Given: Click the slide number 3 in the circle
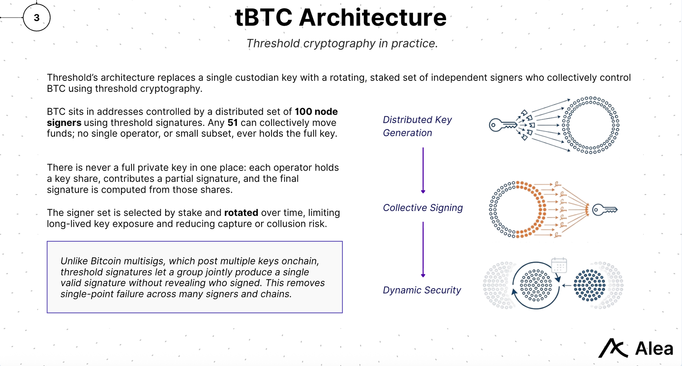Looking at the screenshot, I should [36, 18].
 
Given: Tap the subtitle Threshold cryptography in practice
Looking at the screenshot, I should [342, 44].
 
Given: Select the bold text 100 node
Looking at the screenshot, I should [316, 112].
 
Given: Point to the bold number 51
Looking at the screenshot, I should [233, 123].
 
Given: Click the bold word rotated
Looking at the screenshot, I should [241, 213].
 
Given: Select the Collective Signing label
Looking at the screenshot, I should [422, 208].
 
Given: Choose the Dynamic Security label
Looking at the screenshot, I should [421, 290].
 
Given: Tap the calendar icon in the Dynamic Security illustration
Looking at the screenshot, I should [559, 265].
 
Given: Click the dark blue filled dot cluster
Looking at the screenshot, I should [589, 286].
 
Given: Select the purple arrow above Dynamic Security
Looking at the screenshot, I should [423, 249].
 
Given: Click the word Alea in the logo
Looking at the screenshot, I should [654, 349].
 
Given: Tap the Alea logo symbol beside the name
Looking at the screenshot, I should [613, 348].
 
